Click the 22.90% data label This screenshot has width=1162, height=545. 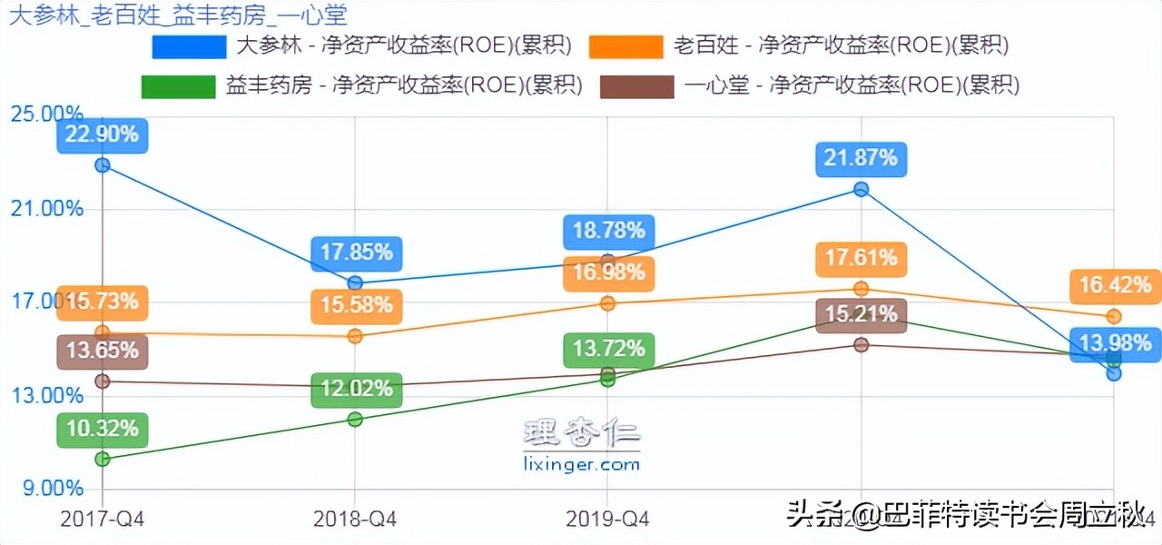(103, 134)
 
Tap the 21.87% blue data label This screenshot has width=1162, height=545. (861, 158)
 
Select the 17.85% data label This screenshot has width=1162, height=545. (356, 252)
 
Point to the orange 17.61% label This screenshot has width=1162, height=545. (861, 259)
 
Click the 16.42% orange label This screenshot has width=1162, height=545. (1115, 286)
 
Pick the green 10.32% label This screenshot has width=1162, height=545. (102, 429)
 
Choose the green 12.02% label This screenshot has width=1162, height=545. (356, 390)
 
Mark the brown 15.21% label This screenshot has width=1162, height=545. (861, 315)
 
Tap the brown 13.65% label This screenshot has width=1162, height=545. (102, 351)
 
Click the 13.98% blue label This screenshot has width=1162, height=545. (1115, 343)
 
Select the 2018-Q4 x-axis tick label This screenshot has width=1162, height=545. (355, 520)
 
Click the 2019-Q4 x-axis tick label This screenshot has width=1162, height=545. (607, 520)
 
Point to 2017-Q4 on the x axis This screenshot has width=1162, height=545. (102, 520)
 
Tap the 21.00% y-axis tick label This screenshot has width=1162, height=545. (46, 209)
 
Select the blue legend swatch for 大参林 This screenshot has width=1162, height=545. (190, 46)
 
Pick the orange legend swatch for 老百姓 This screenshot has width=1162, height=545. (626, 46)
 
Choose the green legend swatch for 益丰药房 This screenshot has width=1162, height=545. (179, 86)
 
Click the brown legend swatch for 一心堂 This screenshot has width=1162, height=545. (637, 86)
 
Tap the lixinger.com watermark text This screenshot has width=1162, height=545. (582, 464)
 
